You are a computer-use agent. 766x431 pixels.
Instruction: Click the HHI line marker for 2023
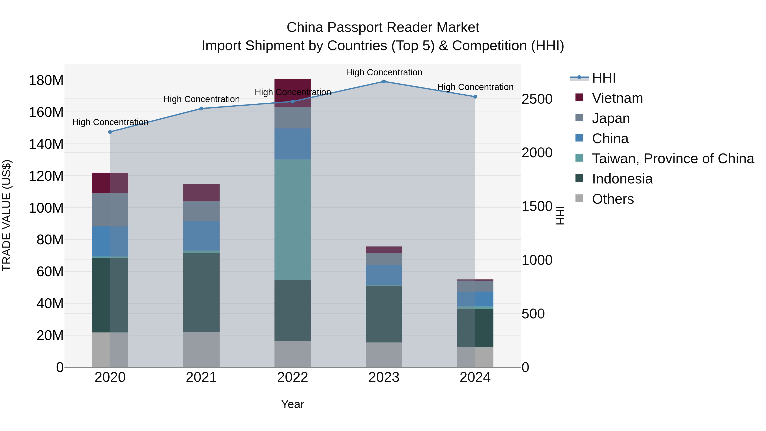coord(384,82)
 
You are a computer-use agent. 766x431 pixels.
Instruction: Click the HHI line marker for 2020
coord(110,132)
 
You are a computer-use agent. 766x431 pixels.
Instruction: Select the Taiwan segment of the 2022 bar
coord(292,219)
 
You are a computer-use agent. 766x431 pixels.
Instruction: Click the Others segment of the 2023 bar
coord(384,355)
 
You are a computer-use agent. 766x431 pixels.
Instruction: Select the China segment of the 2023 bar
coord(384,275)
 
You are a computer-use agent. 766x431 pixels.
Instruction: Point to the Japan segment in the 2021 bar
coord(201,211)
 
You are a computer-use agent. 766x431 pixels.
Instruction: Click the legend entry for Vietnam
coord(617,98)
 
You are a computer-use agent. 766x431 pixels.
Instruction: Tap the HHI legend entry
coord(603,78)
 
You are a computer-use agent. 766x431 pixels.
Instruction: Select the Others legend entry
coord(613,199)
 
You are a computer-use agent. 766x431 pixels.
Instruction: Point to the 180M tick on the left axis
coord(46,80)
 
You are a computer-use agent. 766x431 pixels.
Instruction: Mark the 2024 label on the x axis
coord(475,377)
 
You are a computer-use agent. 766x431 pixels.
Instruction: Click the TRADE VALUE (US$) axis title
coord(7,215)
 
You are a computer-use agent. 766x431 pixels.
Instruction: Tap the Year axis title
coord(292,404)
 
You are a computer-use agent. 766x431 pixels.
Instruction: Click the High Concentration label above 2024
coord(475,87)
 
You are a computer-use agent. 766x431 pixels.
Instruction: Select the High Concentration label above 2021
coord(201,99)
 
